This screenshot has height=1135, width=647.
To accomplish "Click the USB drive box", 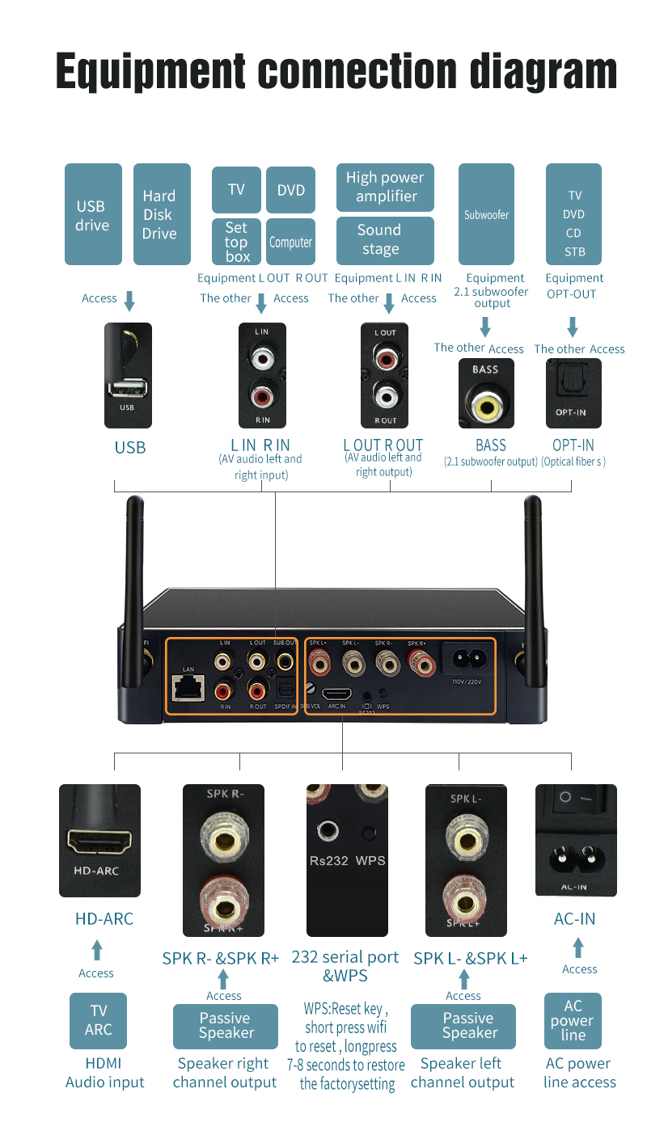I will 92,215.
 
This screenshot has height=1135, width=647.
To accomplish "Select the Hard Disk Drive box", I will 161,215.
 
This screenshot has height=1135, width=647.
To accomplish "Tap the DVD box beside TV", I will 290,190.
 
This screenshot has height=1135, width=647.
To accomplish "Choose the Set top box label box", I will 236,242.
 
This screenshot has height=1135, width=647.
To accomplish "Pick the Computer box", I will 290,242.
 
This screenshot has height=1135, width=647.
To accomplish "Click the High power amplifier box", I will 385,188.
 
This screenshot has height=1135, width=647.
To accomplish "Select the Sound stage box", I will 385,240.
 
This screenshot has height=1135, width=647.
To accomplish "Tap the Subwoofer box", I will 486,215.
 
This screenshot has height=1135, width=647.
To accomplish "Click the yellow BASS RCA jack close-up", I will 486,407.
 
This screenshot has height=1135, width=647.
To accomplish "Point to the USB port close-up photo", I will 128,374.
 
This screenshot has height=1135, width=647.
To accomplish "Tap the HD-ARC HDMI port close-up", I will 99,841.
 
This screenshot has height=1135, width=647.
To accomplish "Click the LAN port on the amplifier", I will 188,687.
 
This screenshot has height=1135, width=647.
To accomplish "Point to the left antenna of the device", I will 133,566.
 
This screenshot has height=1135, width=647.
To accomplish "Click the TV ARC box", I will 98,1020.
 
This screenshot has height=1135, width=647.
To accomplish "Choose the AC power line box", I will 573,1020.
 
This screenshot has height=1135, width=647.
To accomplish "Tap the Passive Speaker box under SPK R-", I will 225,1026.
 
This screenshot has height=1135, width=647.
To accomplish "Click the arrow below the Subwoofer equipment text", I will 485,327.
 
